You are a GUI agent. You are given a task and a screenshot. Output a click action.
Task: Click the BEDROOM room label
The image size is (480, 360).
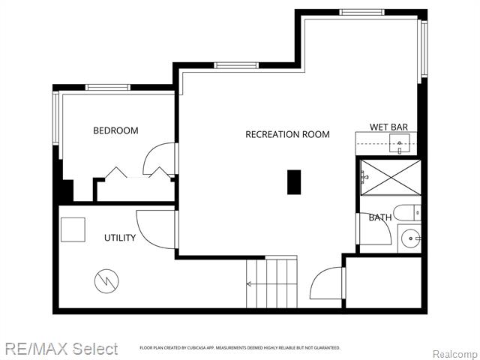115,130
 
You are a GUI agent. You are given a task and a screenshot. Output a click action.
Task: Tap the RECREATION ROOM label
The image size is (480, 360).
287,134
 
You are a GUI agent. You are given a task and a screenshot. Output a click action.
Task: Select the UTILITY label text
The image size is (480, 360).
120,238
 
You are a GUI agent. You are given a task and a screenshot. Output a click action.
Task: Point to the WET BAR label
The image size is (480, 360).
388,127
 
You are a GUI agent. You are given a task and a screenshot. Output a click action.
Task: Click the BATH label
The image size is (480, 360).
380,217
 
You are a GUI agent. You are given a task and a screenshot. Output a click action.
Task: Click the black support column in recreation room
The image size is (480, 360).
294,182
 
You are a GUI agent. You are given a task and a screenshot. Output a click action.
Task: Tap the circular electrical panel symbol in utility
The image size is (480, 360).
106,281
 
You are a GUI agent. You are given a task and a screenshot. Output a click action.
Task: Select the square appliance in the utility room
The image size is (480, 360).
73,229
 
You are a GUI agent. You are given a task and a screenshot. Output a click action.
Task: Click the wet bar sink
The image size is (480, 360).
400,143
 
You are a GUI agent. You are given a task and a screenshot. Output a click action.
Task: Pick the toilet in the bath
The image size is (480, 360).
407,213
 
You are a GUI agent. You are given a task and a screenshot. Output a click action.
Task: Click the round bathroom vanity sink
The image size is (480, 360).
410,238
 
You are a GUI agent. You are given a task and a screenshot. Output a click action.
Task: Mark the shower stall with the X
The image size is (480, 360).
391,177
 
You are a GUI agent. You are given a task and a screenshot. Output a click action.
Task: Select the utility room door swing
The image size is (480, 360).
142,233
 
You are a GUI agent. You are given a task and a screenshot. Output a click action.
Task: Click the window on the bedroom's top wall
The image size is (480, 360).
107,88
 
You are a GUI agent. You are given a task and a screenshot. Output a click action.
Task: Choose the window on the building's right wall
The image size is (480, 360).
424,49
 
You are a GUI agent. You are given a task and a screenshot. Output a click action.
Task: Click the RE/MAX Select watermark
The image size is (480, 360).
61,349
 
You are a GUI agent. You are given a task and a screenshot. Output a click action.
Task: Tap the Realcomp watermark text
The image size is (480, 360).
456,355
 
